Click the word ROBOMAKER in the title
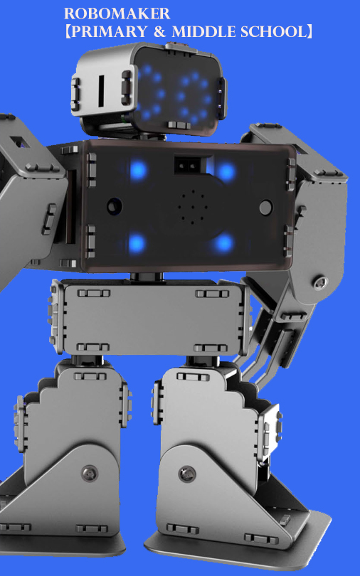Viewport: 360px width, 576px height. [117, 14]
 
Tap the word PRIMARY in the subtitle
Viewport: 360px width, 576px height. [108, 32]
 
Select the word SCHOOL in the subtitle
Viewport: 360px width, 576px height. [273, 32]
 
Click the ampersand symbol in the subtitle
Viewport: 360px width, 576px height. [159, 32]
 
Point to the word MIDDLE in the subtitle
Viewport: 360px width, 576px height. [203, 32]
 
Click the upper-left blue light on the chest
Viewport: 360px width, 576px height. [138, 171]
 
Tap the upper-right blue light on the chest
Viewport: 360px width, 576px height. [226, 172]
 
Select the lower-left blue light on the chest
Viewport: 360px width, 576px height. [137, 242]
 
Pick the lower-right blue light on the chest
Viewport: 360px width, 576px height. [223, 242]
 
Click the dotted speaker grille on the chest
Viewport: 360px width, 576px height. [193, 207]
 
